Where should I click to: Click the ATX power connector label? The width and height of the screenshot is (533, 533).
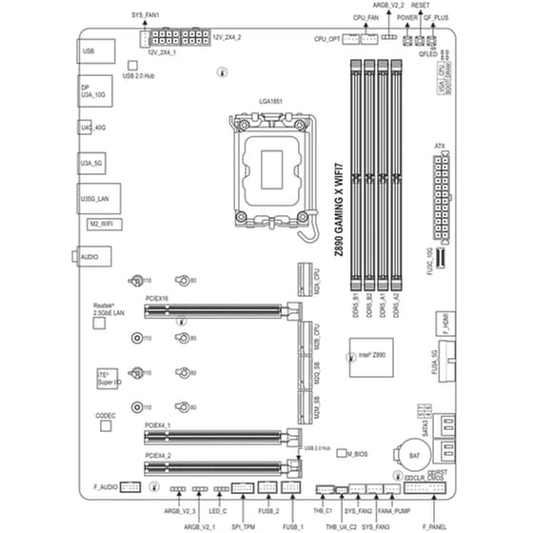(439, 147)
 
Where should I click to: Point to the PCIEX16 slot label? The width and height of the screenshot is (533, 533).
(158, 298)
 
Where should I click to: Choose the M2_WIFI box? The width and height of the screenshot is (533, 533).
(100, 222)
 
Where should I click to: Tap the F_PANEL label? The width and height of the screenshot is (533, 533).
(434, 524)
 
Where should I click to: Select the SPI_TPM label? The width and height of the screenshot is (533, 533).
(244, 524)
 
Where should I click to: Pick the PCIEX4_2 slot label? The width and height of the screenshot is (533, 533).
(158, 455)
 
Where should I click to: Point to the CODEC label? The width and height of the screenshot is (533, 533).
(106, 416)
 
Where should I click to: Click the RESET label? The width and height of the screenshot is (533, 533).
(421, 5)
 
